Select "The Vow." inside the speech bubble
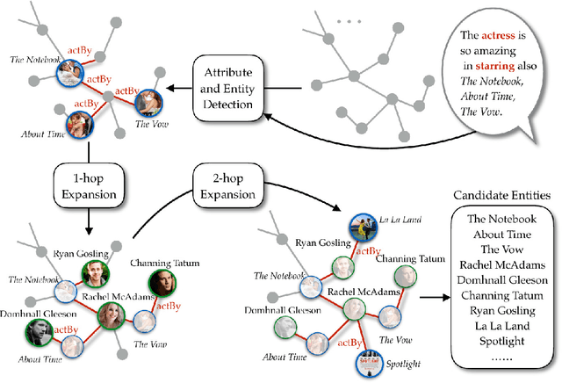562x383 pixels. [x=481, y=112]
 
